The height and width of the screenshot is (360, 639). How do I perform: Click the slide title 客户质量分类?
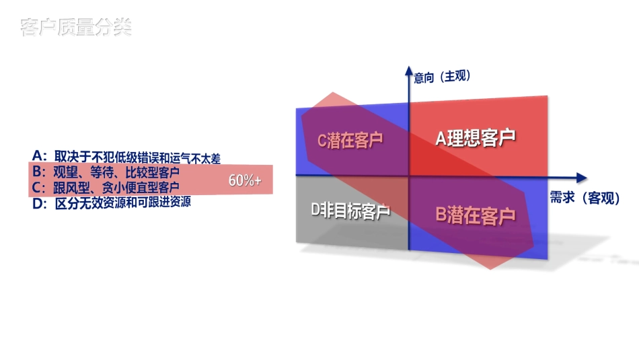75,28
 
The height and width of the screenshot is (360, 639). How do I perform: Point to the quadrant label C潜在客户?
350,141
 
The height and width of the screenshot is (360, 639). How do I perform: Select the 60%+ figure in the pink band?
245,181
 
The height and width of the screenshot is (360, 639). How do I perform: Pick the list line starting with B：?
106,172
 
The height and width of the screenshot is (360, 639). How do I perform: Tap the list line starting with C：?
106,186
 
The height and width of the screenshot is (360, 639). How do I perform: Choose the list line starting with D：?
112,201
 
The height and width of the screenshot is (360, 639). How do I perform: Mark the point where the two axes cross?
408,176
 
